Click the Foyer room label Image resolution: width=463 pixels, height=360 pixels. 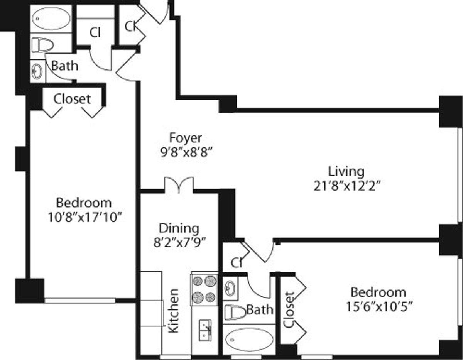(x=185, y=138)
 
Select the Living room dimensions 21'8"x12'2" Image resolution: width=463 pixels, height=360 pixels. (x=347, y=186)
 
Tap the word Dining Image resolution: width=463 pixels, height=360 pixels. (x=179, y=228)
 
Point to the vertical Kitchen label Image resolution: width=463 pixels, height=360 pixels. (x=173, y=311)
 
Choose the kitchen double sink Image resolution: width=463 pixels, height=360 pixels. (x=205, y=330)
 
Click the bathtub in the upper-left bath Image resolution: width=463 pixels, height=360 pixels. (x=51, y=19)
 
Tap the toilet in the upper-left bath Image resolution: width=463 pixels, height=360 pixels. (x=42, y=45)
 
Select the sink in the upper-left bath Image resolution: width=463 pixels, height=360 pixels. (x=37, y=71)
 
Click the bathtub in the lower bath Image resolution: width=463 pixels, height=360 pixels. (x=249, y=340)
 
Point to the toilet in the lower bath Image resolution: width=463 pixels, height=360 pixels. (x=235, y=313)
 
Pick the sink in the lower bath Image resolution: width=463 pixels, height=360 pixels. (x=230, y=289)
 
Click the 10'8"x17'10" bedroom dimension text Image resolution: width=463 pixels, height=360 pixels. (x=85, y=218)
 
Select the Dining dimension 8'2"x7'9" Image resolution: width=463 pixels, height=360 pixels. (x=179, y=243)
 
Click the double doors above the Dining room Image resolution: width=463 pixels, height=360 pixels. (x=179, y=184)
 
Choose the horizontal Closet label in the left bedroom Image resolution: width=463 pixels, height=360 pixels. (x=72, y=99)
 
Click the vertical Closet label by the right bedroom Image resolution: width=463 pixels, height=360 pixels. (x=289, y=310)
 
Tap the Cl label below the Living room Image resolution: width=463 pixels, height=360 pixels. (x=237, y=262)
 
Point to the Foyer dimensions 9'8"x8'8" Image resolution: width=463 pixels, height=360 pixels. (x=186, y=152)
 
